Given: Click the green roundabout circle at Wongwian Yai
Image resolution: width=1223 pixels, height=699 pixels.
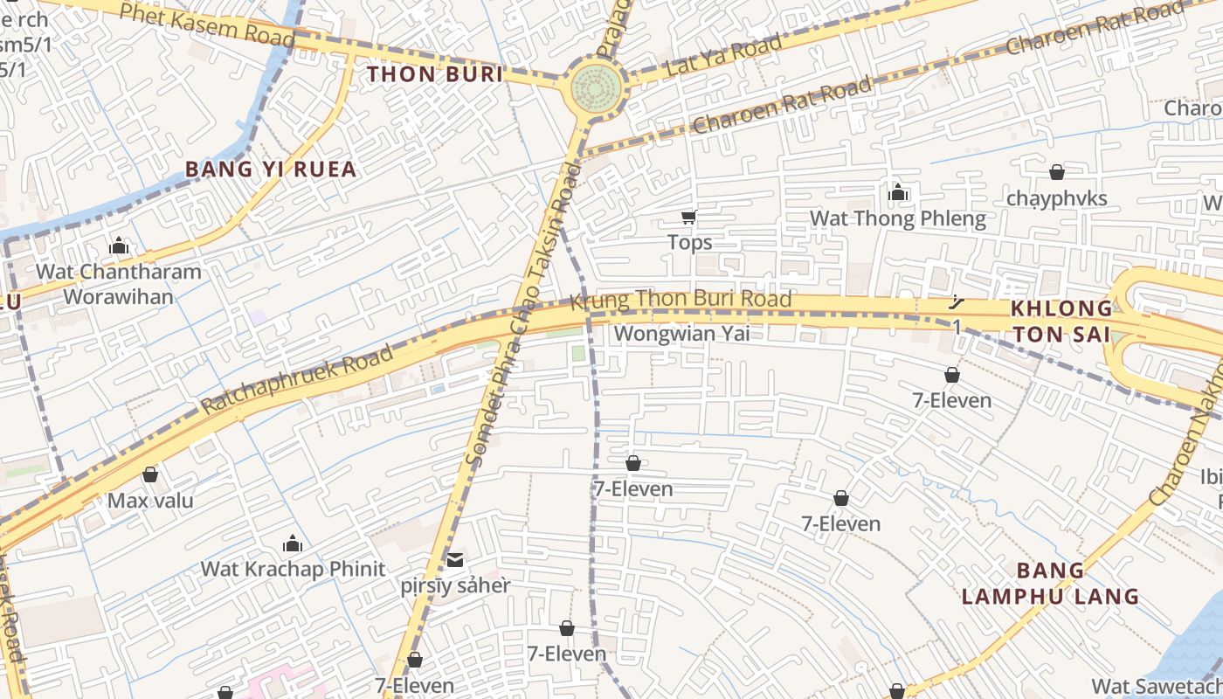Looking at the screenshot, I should point(598,88).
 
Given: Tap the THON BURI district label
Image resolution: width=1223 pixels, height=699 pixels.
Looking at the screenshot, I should point(435,74).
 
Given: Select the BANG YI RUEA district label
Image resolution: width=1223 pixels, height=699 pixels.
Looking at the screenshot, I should point(271,169).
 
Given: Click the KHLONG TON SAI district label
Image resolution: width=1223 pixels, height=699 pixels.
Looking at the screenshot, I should point(1061,321).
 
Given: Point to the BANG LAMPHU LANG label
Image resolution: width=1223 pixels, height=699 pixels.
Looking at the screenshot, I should point(1050,584).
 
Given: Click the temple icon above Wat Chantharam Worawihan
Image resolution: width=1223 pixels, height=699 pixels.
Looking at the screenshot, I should point(119,246).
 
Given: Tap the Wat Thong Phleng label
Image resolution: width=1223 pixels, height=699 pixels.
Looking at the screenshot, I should point(898,218).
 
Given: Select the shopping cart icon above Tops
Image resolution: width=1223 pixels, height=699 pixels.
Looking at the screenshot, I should point(689,217).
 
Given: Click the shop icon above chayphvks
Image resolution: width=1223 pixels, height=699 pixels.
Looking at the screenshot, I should point(1057,172).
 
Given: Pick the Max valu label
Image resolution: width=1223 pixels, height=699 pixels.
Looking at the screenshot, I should point(150,501).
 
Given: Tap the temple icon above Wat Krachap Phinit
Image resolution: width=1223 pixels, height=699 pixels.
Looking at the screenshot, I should point(293,544).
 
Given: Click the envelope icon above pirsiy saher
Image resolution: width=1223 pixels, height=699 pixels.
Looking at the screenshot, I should point(455,560).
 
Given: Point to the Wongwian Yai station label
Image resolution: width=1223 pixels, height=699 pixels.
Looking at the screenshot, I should point(682,334).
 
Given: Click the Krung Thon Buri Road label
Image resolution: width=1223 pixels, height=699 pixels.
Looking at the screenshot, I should point(681,300).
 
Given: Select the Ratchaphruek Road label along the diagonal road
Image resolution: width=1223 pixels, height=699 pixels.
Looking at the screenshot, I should point(297,381).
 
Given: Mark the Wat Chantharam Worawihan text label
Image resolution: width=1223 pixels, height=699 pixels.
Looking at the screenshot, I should point(119,283).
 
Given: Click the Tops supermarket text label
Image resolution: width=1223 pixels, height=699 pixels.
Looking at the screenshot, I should point(689,242).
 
